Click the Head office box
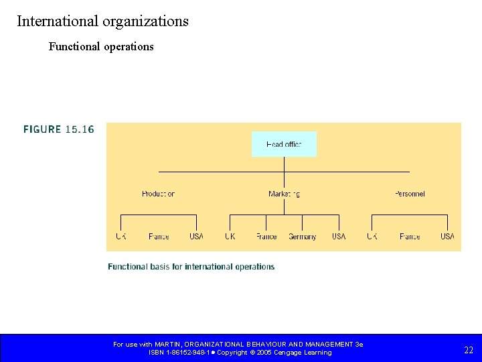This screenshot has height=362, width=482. [284, 144]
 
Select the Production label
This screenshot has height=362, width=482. [158, 194]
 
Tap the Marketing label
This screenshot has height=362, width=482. [284, 194]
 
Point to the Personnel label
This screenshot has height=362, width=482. [410, 194]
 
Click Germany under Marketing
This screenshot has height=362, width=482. [303, 237]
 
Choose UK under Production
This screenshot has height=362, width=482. [120, 237]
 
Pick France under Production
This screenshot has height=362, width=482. [159, 237]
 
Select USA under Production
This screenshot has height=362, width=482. [196, 237]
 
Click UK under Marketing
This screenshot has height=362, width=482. [230, 237]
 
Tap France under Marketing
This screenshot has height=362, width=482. [266, 237]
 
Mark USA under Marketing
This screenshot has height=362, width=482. [339, 237]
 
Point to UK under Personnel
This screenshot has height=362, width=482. [372, 237]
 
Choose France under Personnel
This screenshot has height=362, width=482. [410, 237]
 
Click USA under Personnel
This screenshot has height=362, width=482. [447, 237]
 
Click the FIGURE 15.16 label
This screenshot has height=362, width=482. [59, 129]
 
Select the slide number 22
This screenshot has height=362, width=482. [469, 350]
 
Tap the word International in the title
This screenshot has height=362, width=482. [58, 21]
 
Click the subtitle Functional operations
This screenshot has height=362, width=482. [101, 47]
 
